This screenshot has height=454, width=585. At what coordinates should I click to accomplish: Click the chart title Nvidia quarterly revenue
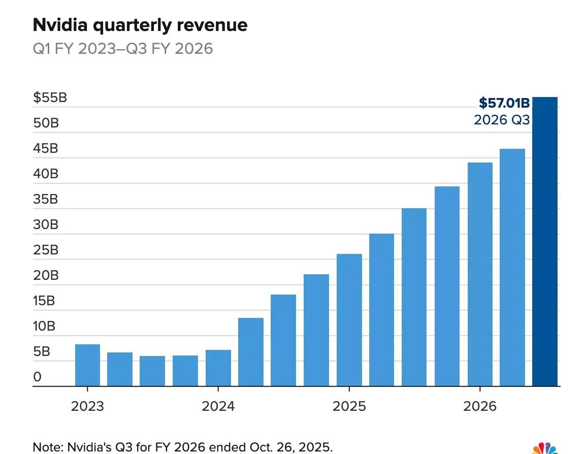140,25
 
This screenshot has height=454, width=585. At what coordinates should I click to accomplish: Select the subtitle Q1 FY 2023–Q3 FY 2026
123,49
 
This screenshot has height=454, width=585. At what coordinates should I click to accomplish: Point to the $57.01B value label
504,104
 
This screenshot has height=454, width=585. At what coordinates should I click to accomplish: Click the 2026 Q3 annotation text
501,120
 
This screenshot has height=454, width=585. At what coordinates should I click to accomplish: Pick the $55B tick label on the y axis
50,98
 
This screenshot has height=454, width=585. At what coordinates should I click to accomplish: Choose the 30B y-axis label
46,224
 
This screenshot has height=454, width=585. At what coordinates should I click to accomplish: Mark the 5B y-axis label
42,351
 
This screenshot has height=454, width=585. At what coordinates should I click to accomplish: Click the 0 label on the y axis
37,377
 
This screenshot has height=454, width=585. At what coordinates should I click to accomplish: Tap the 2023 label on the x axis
87,406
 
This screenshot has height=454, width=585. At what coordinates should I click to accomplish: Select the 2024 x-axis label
218,406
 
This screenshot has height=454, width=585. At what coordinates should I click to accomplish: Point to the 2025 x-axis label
349,406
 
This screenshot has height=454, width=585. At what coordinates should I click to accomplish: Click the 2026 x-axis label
480,406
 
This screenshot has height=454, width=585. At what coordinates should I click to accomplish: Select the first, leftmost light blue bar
87,365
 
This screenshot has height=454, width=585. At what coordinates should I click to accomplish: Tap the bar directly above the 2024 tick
218,368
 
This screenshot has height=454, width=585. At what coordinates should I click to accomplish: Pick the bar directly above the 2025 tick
349,320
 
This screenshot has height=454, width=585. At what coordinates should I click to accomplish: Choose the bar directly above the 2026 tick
480,274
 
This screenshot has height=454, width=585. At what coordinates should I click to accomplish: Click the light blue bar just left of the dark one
512,267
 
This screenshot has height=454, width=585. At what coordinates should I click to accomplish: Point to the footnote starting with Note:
183,447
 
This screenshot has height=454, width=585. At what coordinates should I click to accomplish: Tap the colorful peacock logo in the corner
545,448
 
